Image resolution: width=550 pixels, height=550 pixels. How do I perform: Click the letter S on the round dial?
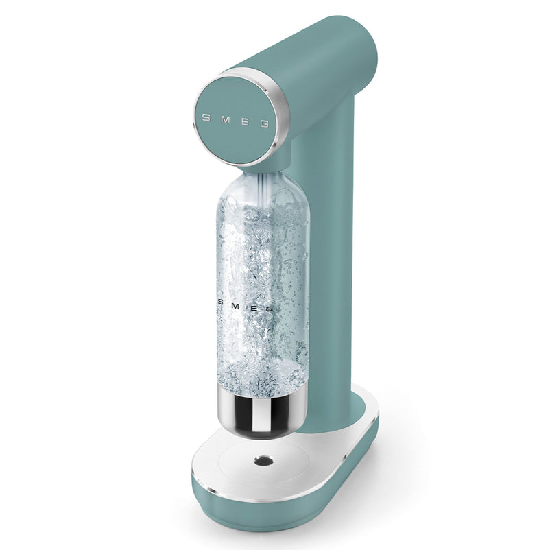(206, 117)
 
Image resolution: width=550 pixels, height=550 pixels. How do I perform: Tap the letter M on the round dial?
(226, 120)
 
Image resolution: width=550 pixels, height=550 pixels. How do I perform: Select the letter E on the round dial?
(246, 122)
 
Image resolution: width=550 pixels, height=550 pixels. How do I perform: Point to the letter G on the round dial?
(264, 124)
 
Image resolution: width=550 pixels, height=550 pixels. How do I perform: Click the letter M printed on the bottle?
(235, 307)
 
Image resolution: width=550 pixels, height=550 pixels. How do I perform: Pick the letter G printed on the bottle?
(269, 309)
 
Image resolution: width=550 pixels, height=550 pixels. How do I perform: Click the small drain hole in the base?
(263, 461)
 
